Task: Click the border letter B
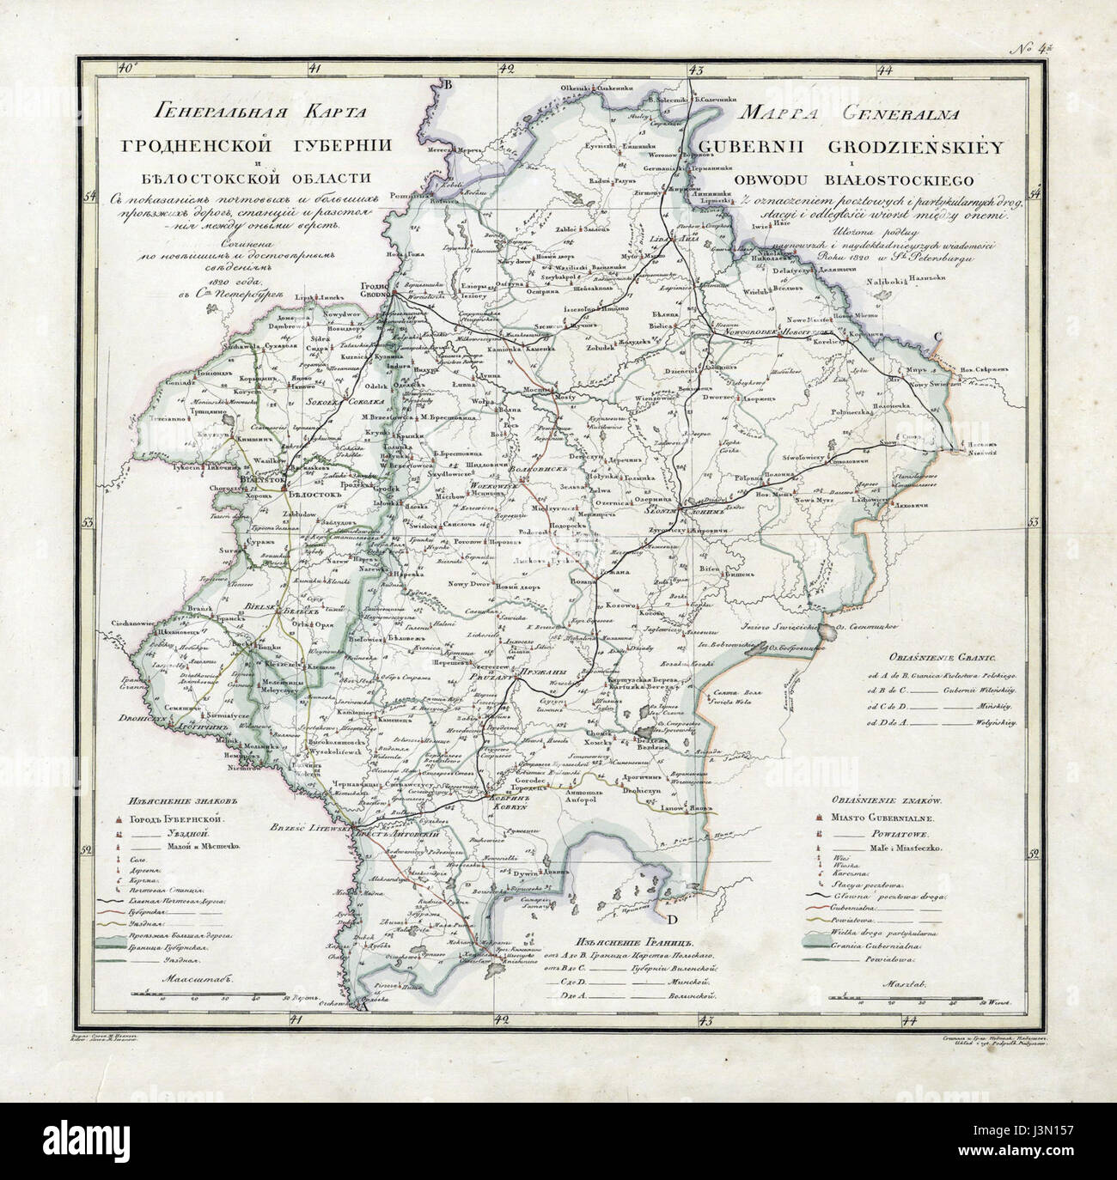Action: [446, 84]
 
